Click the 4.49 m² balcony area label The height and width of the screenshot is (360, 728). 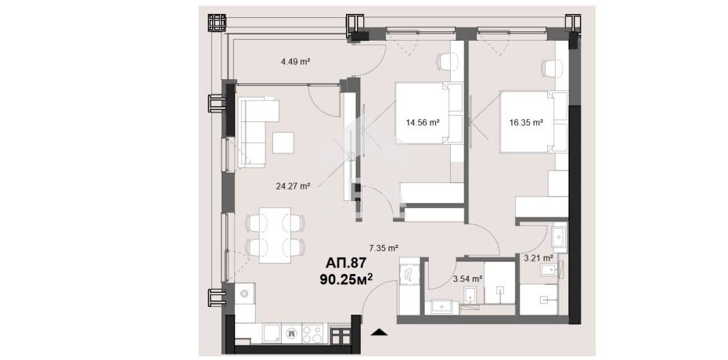tap(295, 61)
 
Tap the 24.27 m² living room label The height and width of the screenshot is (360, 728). tap(293, 186)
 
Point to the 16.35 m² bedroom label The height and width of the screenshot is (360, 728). tap(526, 123)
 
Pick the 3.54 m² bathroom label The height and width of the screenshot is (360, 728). tap(467, 279)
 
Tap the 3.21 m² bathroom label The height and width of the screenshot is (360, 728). tap(538, 258)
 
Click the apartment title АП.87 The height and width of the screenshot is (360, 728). tap(346, 264)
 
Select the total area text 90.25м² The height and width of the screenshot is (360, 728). tap(346, 279)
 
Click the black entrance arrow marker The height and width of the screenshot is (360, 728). tap(380, 331)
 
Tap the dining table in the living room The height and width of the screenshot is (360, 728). tap(275, 236)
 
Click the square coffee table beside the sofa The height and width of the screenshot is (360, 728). tap(283, 143)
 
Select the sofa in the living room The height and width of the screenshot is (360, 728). tap(254, 132)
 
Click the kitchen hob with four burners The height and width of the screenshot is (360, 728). tap(312, 333)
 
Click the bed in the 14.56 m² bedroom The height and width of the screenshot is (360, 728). tap(429, 113)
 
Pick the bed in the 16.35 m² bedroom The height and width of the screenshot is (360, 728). tap(534, 122)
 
